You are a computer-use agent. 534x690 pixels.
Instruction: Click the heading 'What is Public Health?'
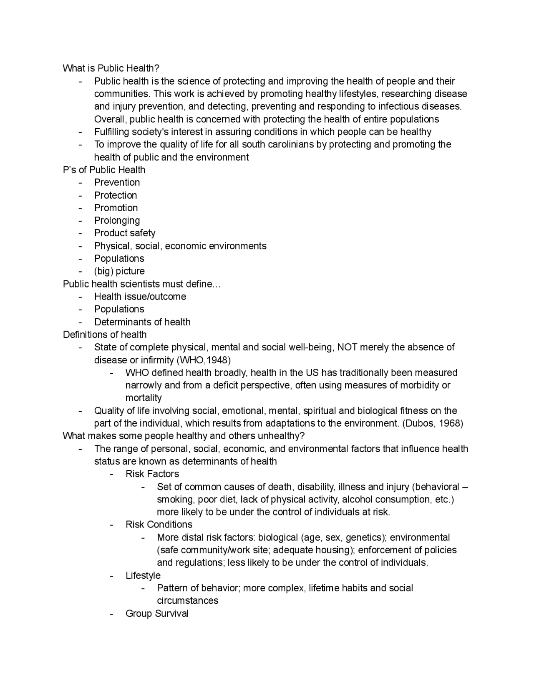(111, 68)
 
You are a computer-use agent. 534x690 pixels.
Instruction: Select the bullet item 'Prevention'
(117, 182)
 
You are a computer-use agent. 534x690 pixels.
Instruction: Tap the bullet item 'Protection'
(116, 195)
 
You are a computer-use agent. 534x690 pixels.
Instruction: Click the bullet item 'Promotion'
(116, 207)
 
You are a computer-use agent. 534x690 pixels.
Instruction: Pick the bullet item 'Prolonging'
(117, 220)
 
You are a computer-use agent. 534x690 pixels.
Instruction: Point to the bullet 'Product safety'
(125, 233)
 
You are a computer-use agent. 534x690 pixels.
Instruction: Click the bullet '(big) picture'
(119, 271)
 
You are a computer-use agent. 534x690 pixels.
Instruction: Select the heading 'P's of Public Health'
(104, 170)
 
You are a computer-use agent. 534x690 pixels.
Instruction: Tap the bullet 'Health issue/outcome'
(140, 296)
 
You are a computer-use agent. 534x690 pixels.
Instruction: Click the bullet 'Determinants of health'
(142, 322)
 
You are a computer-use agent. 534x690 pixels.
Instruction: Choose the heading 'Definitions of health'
(105, 334)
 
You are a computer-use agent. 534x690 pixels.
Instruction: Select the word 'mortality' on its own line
(144, 397)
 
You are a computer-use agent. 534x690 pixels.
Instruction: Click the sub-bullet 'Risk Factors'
(152, 474)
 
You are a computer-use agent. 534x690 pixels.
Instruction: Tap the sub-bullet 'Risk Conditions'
(159, 524)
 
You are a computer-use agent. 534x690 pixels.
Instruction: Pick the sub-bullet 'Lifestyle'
(143, 575)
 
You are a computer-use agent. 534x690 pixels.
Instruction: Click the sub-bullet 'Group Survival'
(157, 613)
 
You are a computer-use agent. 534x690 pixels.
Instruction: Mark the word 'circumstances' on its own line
(187, 600)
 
